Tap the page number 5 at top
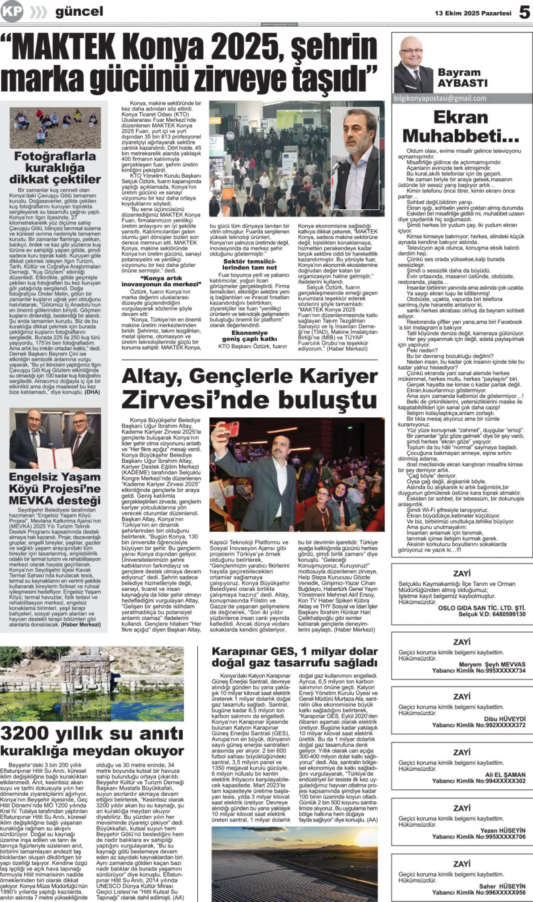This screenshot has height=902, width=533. click(x=524, y=12)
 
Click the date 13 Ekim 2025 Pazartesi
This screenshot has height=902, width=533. click(x=473, y=13)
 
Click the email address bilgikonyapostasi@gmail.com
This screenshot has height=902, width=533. click(x=440, y=99)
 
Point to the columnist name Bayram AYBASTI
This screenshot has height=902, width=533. click(x=462, y=77)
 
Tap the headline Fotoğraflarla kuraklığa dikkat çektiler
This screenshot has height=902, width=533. click(x=55, y=168)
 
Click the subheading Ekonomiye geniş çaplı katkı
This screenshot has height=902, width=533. click(x=249, y=336)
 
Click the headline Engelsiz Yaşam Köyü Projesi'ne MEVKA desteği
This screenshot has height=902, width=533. click(x=55, y=488)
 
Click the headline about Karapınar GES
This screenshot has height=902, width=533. click(x=294, y=657)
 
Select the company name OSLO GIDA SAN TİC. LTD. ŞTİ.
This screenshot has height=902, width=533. click(x=482, y=608)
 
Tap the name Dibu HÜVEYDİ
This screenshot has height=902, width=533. click(x=505, y=719)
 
